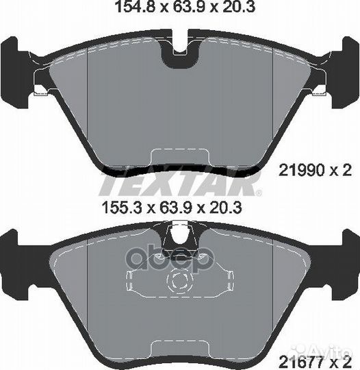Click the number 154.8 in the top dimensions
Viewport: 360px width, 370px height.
coord(134,7)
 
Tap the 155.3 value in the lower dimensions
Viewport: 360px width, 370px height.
coord(123,208)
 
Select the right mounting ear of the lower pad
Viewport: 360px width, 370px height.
coord(346,264)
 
